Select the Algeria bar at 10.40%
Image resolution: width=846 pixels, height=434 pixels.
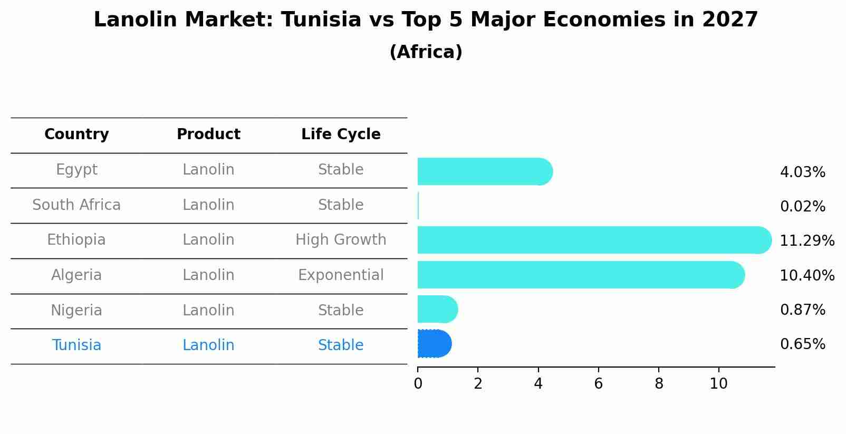coord(580,275)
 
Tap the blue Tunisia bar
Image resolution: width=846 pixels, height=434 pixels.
coord(434,344)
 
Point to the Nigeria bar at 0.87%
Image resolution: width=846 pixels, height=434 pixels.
coord(437,309)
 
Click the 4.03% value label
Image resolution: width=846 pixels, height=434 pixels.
coord(802,172)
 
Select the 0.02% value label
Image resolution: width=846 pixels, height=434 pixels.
coord(802,207)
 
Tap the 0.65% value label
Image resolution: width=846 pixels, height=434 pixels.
coord(802,344)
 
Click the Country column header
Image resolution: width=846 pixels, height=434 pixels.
coord(76,134)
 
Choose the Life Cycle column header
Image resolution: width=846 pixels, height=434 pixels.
coord(341,134)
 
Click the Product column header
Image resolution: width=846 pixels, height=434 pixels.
coord(208,134)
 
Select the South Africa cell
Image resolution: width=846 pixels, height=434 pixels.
coord(76,205)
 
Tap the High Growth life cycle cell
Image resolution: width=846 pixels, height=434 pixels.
coord(341,240)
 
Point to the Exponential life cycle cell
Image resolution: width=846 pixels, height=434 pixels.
coord(341,275)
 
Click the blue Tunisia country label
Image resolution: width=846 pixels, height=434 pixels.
coord(76,345)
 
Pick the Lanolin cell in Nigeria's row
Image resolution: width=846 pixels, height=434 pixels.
coord(208,310)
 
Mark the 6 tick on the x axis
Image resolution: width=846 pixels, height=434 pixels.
coord(598,383)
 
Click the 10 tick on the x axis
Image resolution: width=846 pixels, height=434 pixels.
coord(718,383)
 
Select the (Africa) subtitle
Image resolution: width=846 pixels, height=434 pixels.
coord(426,52)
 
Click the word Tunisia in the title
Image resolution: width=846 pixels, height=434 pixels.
coord(321,20)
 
